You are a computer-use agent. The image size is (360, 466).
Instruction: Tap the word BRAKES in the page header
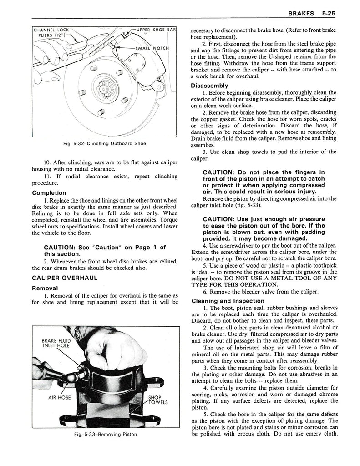tap(300, 14)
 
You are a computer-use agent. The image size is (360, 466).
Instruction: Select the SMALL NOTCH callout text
tap(152, 48)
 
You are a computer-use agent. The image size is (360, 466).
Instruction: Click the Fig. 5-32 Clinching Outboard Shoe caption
tap(105, 144)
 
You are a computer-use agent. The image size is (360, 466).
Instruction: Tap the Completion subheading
tap(49, 192)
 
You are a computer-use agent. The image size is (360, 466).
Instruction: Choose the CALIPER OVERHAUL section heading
tap(64, 277)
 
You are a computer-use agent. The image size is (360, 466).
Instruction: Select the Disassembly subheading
tap(209, 85)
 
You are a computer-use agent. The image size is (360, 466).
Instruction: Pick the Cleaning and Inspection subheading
tap(228, 301)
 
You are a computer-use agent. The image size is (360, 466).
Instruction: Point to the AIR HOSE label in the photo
tap(60, 396)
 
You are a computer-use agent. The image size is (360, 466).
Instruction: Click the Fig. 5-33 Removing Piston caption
tap(105, 434)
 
